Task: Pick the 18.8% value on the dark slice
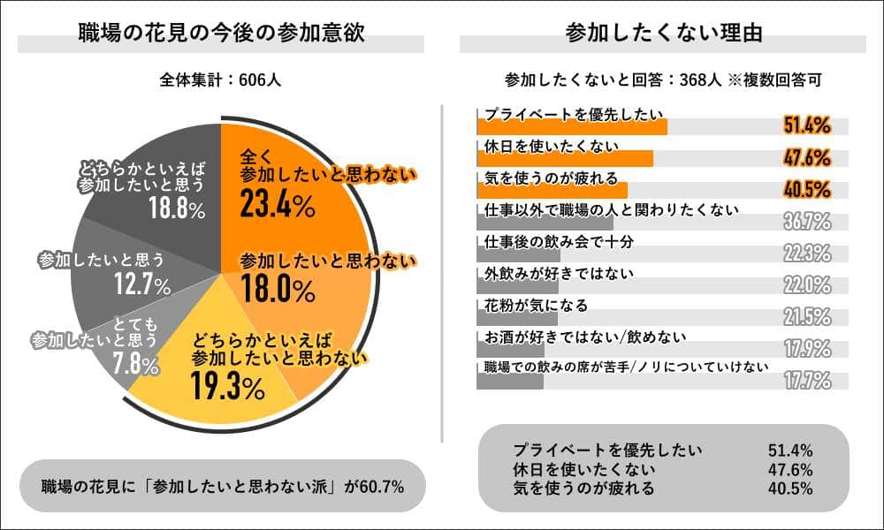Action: pyautogui.click(x=177, y=209)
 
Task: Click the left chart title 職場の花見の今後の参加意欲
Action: pyautogui.click(x=221, y=34)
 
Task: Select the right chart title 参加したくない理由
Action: pyautogui.click(x=663, y=34)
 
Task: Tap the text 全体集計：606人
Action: pyautogui.click(x=221, y=79)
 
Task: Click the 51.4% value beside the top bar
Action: pyautogui.click(x=806, y=125)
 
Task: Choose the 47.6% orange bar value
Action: pyautogui.click(x=806, y=158)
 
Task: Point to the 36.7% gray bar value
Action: pyautogui.click(x=806, y=222)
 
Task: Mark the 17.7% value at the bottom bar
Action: pyautogui.click(x=806, y=381)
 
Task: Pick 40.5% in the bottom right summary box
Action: pyautogui.click(x=791, y=488)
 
